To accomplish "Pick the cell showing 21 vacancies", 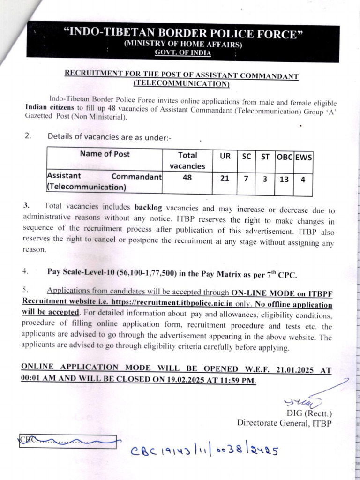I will tap(225, 178).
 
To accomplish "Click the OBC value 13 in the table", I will tap(284, 179).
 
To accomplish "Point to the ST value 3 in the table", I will tap(265, 179).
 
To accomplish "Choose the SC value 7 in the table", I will tap(246, 179).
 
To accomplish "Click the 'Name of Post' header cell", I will tap(105, 154).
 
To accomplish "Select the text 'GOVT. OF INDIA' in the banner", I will tap(183, 53).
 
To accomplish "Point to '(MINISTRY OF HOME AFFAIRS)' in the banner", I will tap(182, 45).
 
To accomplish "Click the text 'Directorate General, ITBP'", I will tap(284, 422).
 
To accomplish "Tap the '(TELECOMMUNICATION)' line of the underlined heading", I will tap(181, 84).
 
